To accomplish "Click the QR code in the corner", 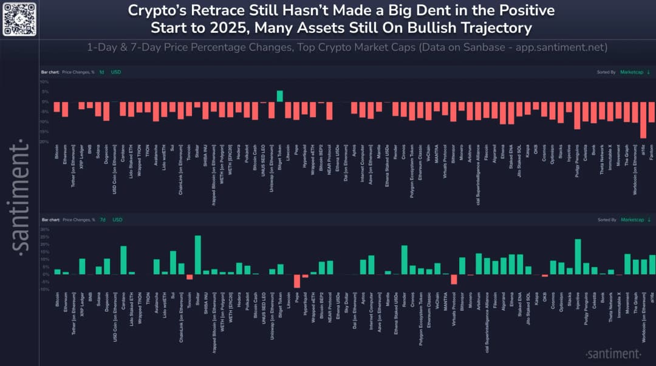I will tap(19, 18).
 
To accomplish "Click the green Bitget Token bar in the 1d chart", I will tap(280, 96).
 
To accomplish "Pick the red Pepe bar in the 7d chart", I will tap(297, 281).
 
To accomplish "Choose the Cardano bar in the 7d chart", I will tap(123, 260).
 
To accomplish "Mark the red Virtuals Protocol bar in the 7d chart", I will tap(454, 279).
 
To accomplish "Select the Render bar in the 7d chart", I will tap(405, 260).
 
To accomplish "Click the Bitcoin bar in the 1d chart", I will tap(57, 107).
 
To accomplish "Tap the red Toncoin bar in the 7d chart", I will tap(190, 277).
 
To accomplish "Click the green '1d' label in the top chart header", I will tap(101, 72).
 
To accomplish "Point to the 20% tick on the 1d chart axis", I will tap(44, 141).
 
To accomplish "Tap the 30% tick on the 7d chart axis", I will tap(44, 230).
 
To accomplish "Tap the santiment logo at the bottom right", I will tap(613, 353).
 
